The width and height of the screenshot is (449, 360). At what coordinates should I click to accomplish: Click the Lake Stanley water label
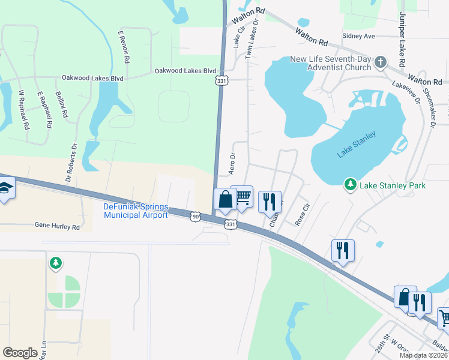click(x=357, y=145)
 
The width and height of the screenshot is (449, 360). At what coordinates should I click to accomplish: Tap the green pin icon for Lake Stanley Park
click(x=351, y=185)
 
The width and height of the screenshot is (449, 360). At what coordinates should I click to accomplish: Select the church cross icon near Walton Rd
click(x=379, y=62)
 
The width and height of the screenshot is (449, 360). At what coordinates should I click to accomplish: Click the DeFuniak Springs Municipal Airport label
click(x=136, y=211)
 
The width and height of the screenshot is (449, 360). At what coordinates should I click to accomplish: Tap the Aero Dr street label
click(x=232, y=163)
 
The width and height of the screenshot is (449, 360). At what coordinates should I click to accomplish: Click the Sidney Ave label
click(x=358, y=36)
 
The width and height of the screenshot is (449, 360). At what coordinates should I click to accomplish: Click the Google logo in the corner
click(x=20, y=352)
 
